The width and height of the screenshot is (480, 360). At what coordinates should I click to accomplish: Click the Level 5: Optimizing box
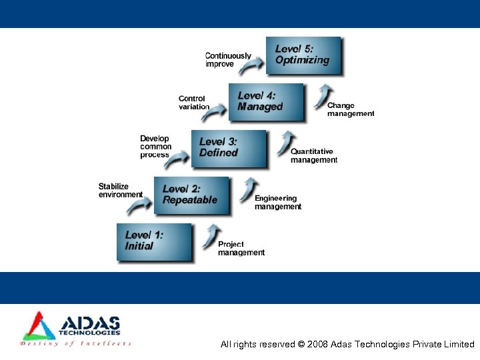pyautogui.click(x=307, y=55)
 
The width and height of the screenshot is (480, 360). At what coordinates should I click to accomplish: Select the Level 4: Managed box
pyautogui.click(x=266, y=102)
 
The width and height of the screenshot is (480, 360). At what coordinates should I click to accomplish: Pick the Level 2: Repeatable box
pyautogui.click(x=191, y=195)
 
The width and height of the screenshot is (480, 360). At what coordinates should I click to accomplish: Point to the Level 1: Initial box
pyautogui.click(x=154, y=242)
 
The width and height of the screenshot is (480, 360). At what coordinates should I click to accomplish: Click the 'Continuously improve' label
pyautogui.click(x=228, y=60)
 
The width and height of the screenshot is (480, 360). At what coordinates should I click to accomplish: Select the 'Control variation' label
pyautogui.click(x=193, y=103)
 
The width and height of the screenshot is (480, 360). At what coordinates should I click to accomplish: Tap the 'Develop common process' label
pyautogui.click(x=155, y=147)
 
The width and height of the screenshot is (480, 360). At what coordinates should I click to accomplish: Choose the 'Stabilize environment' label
pyautogui.click(x=120, y=191)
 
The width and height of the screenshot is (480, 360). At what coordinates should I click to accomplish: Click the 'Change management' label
pyautogui.click(x=351, y=109)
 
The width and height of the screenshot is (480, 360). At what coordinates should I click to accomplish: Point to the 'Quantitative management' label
pyautogui.click(x=314, y=156)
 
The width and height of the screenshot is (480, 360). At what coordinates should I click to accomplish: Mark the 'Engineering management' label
pyautogui.click(x=278, y=203)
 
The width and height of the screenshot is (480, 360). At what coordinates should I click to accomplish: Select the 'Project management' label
pyautogui.click(x=241, y=249)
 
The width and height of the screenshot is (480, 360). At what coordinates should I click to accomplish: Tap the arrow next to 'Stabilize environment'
pyautogui.click(x=139, y=206)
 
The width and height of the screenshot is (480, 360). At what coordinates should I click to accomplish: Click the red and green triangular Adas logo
pyautogui.click(x=38, y=327)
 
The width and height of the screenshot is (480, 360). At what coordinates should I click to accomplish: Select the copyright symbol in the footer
pyautogui.click(x=301, y=345)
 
